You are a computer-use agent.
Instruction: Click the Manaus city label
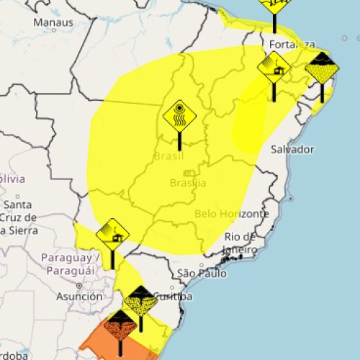click(53, 22)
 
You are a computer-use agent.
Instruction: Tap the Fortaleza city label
click(292, 45)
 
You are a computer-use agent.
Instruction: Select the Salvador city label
click(292, 149)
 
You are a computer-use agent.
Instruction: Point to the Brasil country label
click(168, 156)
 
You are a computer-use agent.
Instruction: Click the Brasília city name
click(188, 183)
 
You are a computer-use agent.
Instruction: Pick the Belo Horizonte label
click(232, 214)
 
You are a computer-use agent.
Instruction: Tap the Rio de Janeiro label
click(240, 243)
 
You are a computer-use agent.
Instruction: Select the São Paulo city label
click(202, 274)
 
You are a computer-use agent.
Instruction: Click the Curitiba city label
click(174, 297)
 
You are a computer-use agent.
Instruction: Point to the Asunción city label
click(79, 296)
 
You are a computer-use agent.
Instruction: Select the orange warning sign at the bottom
click(120, 326)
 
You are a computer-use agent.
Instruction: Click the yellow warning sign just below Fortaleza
click(274, 68)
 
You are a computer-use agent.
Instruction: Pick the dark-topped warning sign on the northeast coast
click(321, 69)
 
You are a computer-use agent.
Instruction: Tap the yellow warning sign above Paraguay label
click(112, 233)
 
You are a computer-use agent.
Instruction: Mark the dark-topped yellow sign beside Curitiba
click(140, 302)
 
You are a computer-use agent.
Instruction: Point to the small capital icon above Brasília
click(189, 174)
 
